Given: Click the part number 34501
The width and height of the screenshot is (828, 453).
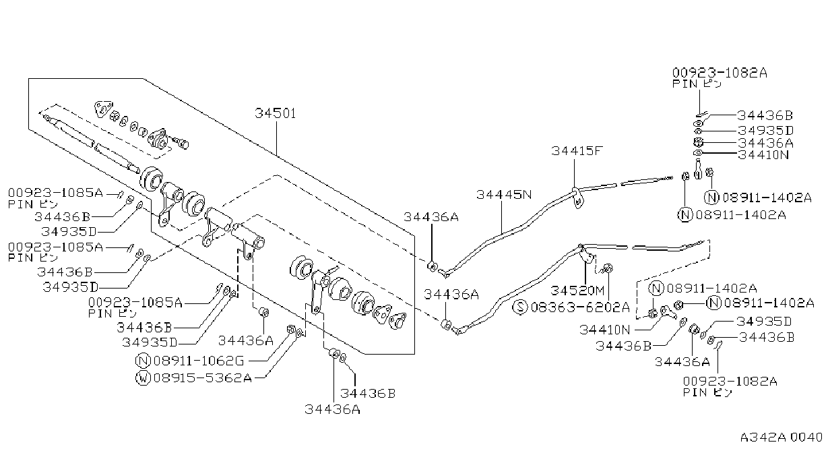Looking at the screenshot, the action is coord(276,113).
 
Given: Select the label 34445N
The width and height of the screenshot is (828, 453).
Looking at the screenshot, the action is coord(504,195).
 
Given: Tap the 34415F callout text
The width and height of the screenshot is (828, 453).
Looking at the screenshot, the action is coord(577,151).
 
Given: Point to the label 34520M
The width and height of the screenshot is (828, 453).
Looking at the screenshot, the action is coord(577,291).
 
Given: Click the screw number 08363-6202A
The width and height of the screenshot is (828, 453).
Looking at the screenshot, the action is coord(580,307).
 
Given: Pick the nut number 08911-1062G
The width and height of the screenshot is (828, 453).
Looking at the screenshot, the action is coord(199,361).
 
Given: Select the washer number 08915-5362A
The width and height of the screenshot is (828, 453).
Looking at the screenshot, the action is coord(203,378).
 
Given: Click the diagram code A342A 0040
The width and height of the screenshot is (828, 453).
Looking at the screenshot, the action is coord(781,437).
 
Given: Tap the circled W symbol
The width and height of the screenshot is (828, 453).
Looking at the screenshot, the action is coord(143,378).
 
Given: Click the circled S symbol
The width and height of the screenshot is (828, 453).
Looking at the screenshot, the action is coord(520,307).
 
